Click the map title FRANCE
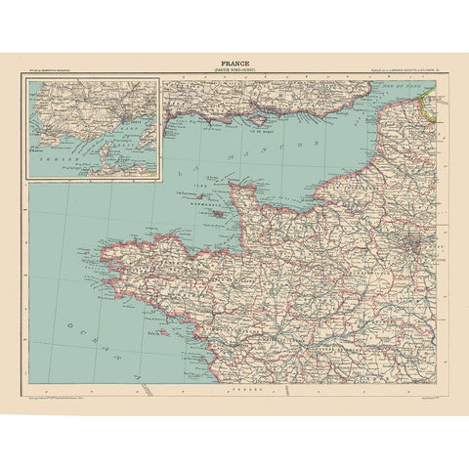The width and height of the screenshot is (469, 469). [x=234, y=63]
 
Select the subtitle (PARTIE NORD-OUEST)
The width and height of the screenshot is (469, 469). [x=234, y=71]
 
